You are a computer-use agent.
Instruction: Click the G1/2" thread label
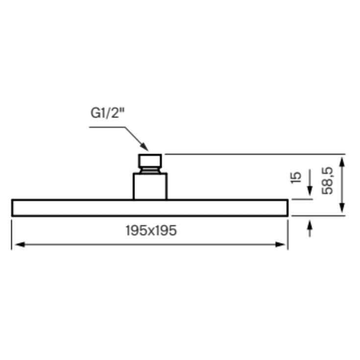(107, 113)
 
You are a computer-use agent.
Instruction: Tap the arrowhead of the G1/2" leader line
(144, 147)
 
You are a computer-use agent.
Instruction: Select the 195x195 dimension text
(151, 230)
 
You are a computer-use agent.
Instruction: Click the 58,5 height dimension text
(327, 181)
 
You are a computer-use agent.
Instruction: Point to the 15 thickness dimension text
(296, 177)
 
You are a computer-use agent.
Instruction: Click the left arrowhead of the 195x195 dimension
(20, 244)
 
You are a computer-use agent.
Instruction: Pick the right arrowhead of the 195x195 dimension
(280, 244)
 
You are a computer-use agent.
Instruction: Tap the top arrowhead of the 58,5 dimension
(342, 162)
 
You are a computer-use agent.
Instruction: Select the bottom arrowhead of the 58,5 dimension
(342, 208)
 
